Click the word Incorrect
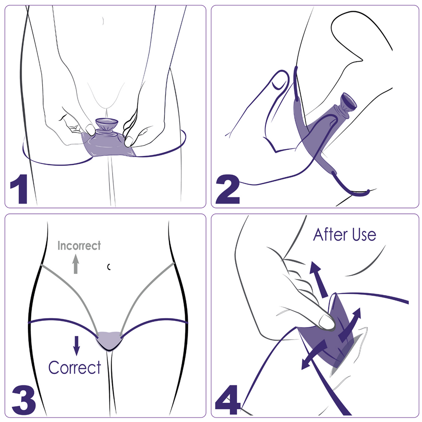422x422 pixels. point(79,246)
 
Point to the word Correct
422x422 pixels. point(75,368)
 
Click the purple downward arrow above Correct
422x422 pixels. point(77,345)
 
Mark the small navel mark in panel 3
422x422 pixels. point(109,267)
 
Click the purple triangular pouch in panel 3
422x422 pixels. point(109,340)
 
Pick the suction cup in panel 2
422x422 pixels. point(348,102)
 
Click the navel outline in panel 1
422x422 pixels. point(102,20)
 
